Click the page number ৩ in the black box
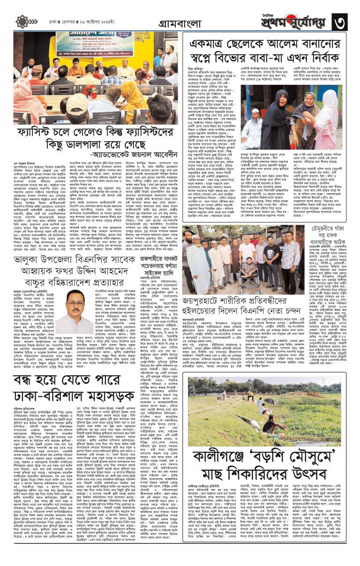[x=342, y=21]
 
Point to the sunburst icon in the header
[x=22, y=21]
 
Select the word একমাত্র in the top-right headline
[x=209, y=43]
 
